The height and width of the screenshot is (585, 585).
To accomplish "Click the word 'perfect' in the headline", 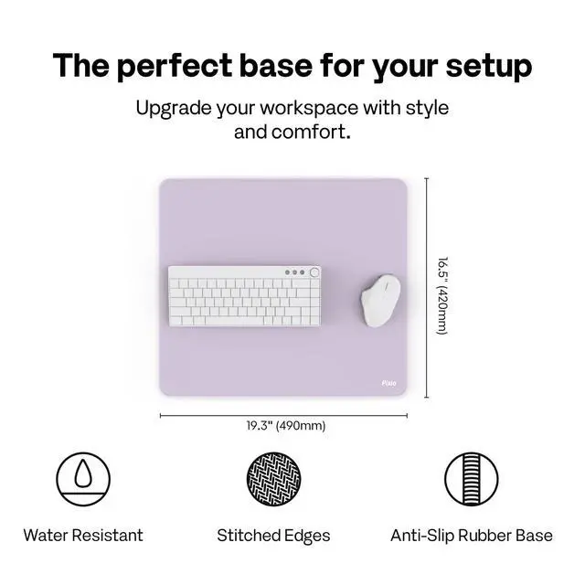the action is [x=175, y=67].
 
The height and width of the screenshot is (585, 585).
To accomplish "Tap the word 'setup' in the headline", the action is [x=489, y=67].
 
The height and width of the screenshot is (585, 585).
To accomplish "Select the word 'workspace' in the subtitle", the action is [x=309, y=109].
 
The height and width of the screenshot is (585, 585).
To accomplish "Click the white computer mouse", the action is [x=380, y=301].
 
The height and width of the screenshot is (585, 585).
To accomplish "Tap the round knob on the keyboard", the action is [x=314, y=272].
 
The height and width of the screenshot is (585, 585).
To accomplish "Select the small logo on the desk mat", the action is [x=388, y=383].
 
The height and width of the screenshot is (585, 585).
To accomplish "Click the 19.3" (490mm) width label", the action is [x=286, y=426].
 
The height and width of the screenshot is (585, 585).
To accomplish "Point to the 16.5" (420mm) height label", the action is [x=442, y=295].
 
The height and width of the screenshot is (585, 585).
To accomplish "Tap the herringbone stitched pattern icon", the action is [x=274, y=479].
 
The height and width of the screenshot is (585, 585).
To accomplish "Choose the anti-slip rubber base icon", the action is [x=472, y=479].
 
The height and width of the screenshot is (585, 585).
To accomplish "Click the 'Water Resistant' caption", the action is [x=83, y=536].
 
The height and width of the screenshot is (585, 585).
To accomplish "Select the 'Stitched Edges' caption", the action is [x=273, y=536].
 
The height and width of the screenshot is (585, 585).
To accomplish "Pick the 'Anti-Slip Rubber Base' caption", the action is [x=472, y=536].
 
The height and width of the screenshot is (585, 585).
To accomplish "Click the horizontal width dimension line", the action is [x=283, y=416].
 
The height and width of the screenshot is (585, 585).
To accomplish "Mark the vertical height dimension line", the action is [x=427, y=288].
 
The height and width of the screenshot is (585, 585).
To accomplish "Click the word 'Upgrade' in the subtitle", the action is [x=174, y=109].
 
